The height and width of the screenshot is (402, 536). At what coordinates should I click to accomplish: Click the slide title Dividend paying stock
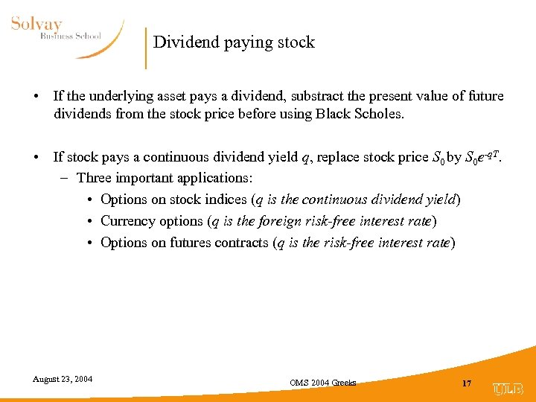click(234, 42)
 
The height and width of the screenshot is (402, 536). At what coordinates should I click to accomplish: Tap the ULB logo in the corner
click(508, 388)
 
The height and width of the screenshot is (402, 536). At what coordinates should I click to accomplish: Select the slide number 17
click(467, 383)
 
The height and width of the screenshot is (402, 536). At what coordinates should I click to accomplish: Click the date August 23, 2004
click(63, 379)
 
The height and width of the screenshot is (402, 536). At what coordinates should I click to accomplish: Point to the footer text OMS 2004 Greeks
click(322, 383)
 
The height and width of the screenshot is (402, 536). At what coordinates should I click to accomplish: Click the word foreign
click(310, 221)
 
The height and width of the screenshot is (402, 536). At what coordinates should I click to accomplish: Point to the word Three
click(94, 178)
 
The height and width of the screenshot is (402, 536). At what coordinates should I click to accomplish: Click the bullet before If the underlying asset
click(36, 97)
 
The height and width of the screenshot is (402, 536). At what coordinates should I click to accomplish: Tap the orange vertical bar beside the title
click(145, 47)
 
